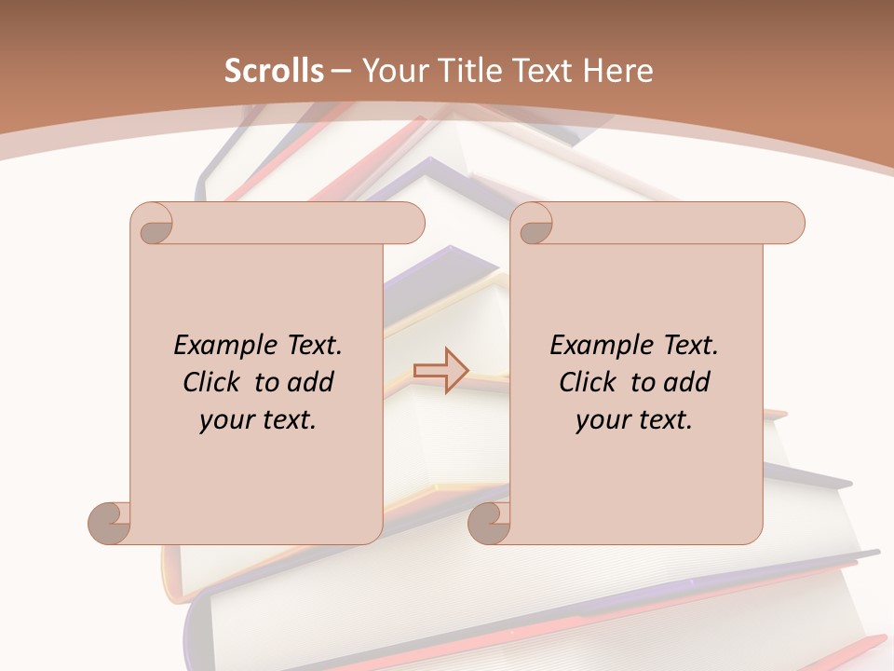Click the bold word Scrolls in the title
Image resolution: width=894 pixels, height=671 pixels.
point(274,71)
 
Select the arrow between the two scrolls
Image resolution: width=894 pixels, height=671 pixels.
point(440,371)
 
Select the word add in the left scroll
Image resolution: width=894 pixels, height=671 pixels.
point(310,382)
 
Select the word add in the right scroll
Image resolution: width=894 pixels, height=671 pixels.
point(686,382)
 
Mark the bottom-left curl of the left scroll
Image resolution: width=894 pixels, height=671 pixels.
point(110,523)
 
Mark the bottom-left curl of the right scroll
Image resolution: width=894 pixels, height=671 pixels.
point(489,523)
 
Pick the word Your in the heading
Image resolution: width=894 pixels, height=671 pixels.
point(393,71)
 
